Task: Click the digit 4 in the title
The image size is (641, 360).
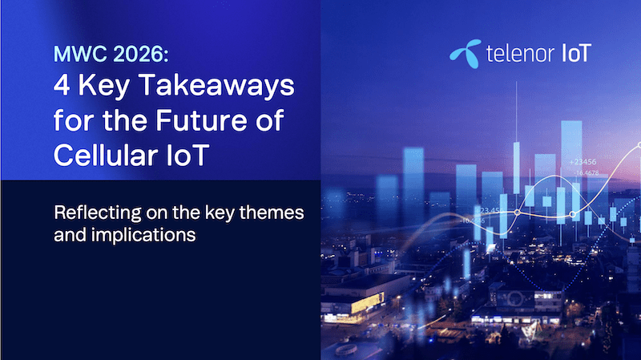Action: tap(62, 87)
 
